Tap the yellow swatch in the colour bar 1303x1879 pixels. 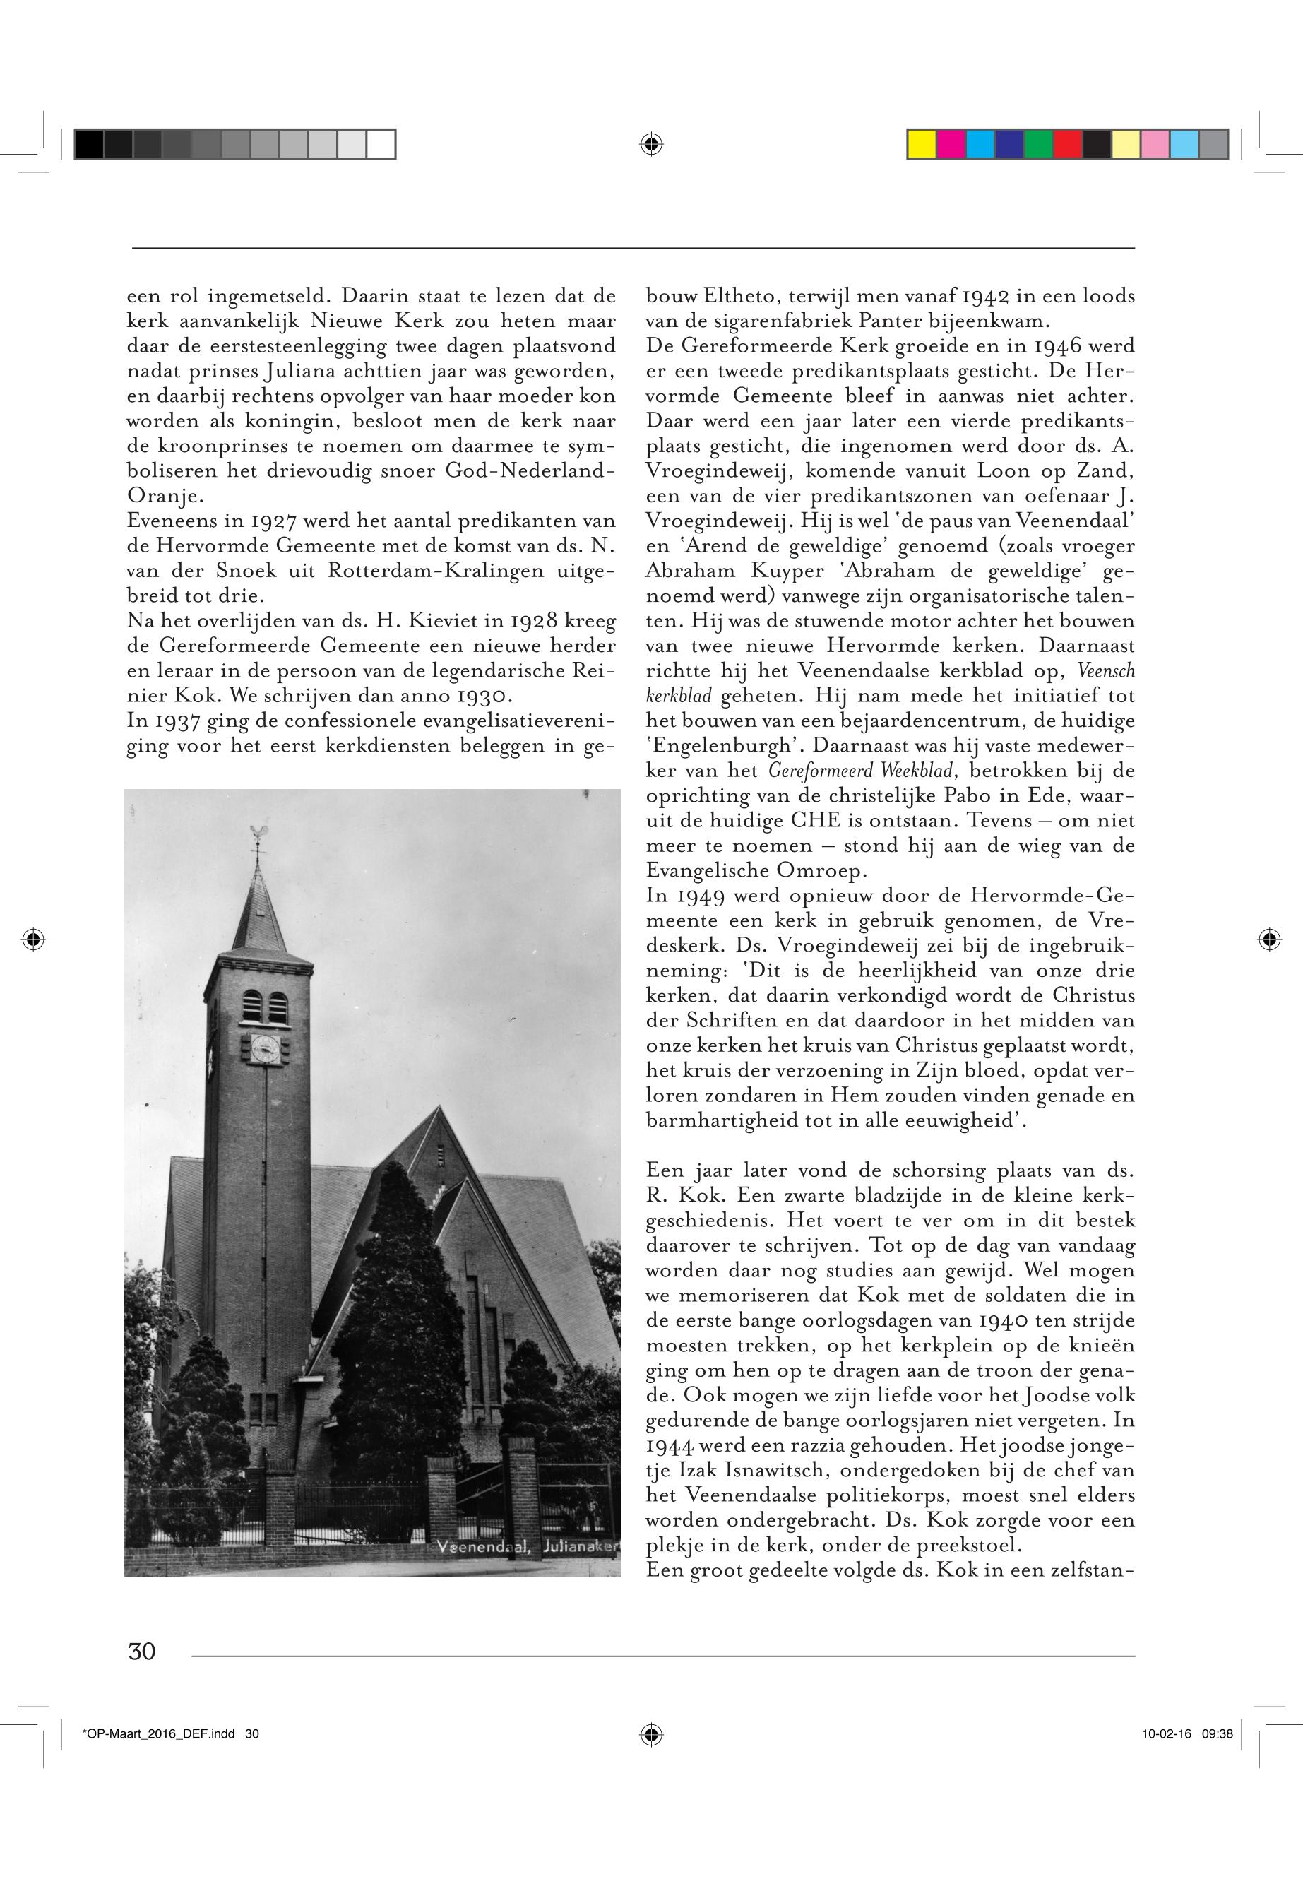[922, 143]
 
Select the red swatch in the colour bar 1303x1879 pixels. [1068, 143]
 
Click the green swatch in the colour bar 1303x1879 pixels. [1038, 143]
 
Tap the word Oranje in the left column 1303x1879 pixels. [157, 497]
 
